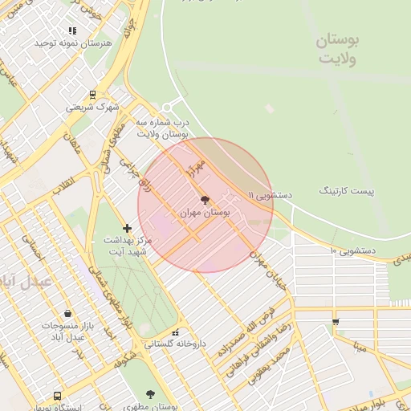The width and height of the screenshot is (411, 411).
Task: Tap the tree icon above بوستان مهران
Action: click(x=205, y=200)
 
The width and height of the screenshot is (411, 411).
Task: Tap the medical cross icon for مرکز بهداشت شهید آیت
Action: click(x=127, y=229)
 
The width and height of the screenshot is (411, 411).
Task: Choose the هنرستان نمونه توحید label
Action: click(x=71, y=43)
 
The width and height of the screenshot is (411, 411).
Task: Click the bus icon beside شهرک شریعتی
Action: click(x=92, y=94)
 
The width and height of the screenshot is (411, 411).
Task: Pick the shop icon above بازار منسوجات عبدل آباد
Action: click(x=67, y=314)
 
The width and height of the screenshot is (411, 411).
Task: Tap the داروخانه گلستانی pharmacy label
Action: click(x=175, y=344)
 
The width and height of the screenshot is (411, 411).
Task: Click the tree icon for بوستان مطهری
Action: click(x=150, y=394)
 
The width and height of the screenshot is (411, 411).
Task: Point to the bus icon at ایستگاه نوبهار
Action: click(x=57, y=396)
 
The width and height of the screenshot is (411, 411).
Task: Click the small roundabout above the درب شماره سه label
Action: click(x=167, y=108)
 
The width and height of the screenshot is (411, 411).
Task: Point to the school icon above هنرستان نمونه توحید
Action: click(x=72, y=31)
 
